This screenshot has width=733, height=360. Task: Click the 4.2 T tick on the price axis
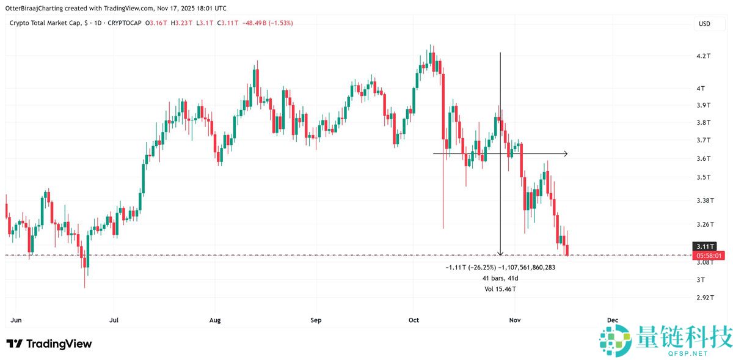click(x=704, y=56)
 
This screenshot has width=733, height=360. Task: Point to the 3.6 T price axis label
click(x=704, y=159)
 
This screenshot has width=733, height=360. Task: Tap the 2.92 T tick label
click(x=706, y=298)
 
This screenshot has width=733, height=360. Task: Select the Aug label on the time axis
click(x=214, y=320)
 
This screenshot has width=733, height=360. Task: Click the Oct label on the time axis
click(x=414, y=320)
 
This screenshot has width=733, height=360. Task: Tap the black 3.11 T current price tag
click(x=708, y=246)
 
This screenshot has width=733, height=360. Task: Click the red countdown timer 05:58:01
click(x=708, y=255)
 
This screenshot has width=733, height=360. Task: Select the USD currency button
click(x=704, y=24)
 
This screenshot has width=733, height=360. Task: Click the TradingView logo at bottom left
click(x=49, y=343)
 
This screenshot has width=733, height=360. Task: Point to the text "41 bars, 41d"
click(x=500, y=278)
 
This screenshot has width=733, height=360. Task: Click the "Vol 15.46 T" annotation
click(x=500, y=288)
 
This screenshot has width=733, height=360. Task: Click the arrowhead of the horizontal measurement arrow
click(x=566, y=153)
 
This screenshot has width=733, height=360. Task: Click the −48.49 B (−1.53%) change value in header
click(x=268, y=23)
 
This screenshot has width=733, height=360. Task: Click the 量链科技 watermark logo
click(x=665, y=340)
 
